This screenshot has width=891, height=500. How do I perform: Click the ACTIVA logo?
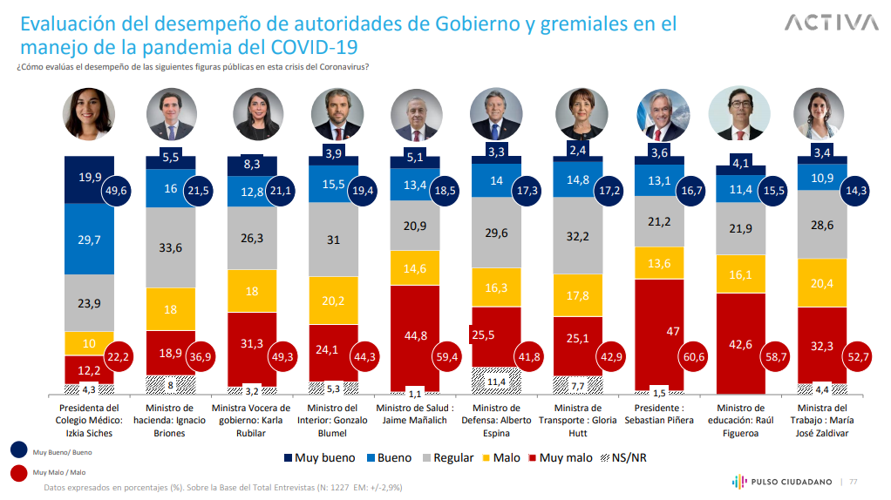pyautogui.click(x=832, y=22)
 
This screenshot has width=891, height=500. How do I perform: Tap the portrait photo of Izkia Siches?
pyautogui.click(x=89, y=115)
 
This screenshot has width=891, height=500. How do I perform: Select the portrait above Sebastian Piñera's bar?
pyautogui.click(x=663, y=115)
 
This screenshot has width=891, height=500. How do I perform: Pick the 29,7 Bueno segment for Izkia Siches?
pyautogui.click(x=89, y=241)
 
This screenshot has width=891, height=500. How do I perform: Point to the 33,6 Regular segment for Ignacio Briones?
pyautogui.click(x=171, y=247)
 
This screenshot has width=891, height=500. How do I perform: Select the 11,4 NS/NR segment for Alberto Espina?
pyautogui.click(x=496, y=380)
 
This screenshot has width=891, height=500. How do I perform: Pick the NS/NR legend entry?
pyautogui.click(x=622, y=457)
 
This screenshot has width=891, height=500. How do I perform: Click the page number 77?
pyautogui.click(x=854, y=481)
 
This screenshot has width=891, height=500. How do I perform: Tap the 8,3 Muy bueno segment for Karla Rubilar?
pyautogui.click(x=252, y=164)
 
